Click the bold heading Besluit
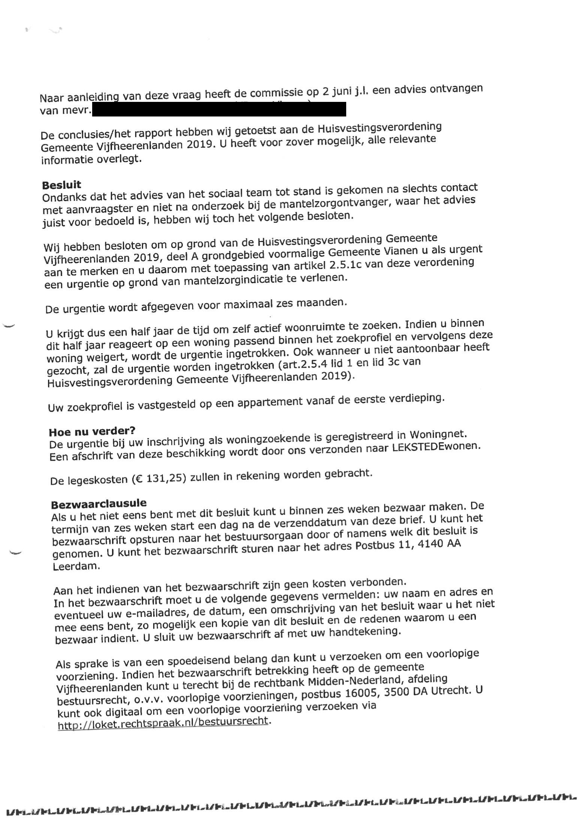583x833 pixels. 61,185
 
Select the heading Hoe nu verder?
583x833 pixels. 92,431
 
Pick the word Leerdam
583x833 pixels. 76,566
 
